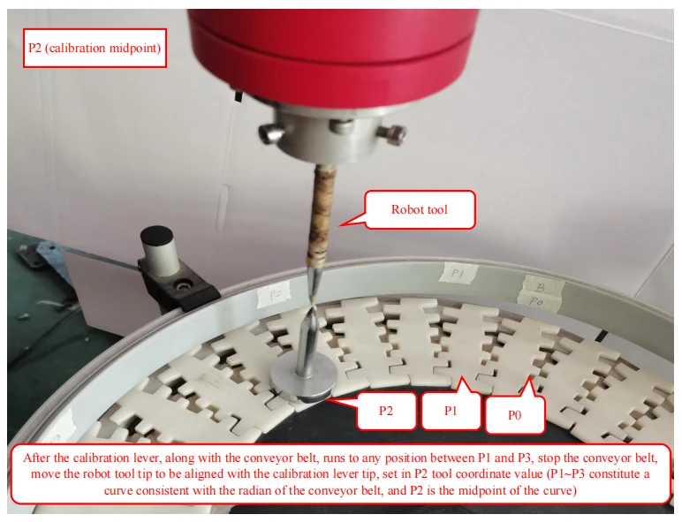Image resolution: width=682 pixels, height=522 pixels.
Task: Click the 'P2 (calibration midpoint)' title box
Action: [x=95, y=48]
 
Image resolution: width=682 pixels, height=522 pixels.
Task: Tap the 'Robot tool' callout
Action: [x=420, y=209]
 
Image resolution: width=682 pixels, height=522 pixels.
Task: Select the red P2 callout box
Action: [x=386, y=411]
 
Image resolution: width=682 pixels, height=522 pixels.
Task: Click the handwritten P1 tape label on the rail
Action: [x=458, y=274]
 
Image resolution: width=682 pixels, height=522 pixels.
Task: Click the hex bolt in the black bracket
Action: [x=181, y=285]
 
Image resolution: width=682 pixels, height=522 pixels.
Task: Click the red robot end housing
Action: [x=334, y=52]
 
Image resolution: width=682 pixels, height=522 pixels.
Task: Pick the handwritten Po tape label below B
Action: [x=538, y=301]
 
